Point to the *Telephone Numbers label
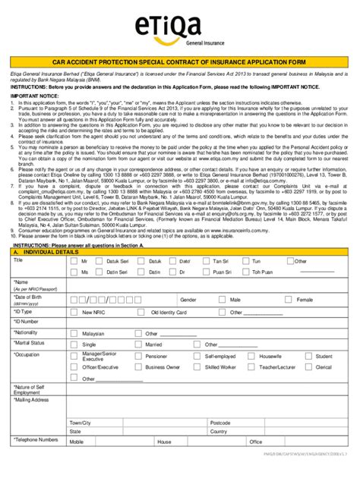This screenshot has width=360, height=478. [36, 439]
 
